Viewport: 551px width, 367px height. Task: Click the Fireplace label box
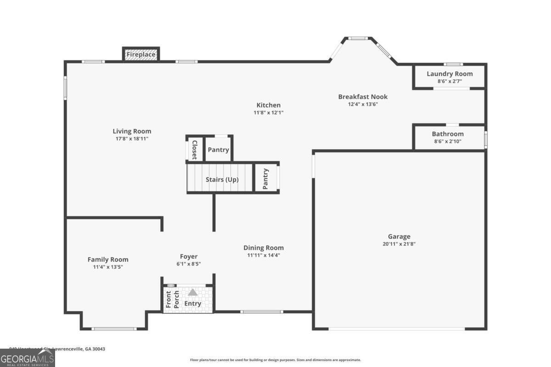[141, 55]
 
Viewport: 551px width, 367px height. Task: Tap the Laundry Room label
[450, 74]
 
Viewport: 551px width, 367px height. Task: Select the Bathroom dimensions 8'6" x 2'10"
[448, 141]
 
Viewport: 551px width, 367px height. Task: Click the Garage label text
[399, 237]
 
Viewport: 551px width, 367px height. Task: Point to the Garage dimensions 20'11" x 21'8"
[399, 244]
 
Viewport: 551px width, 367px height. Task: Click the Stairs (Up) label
[222, 179]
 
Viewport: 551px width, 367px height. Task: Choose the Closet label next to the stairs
[194, 150]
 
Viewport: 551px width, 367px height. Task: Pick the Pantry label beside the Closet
[218, 150]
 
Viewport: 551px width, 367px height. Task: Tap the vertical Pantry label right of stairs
[265, 179]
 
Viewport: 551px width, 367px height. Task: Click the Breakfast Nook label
[363, 97]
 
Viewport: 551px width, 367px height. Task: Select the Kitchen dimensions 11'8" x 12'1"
[269, 112]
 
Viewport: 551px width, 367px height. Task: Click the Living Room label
[132, 131]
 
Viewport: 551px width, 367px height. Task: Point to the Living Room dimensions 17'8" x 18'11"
[132, 139]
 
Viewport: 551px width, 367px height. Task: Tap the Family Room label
[108, 260]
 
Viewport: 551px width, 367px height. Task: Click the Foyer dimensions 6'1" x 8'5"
[189, 264]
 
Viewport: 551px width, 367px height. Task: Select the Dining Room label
[264, 248]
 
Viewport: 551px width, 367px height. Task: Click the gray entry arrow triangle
[193, 292]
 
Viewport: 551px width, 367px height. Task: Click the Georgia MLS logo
[28, 358]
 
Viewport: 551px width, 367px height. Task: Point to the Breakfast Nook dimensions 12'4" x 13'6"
[363, 104]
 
